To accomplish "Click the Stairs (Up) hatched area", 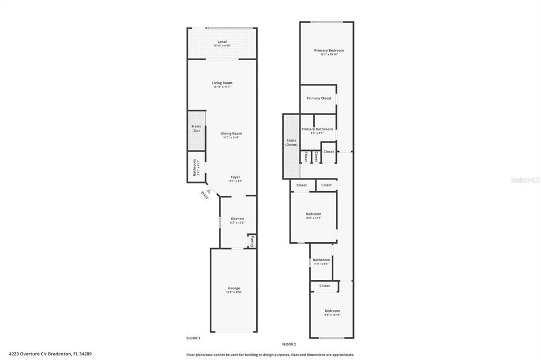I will click(x=197, y=130).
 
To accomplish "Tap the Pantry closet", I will click(x=252, y=241).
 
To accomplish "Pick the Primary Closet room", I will click(x=319, y=98).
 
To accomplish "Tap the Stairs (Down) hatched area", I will click(x=292, y=143).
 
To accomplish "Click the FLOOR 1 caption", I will click(x=193, y=338).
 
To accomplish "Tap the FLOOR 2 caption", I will click(x=289, y=344).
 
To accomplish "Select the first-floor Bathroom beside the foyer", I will click(x=194, y=167).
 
